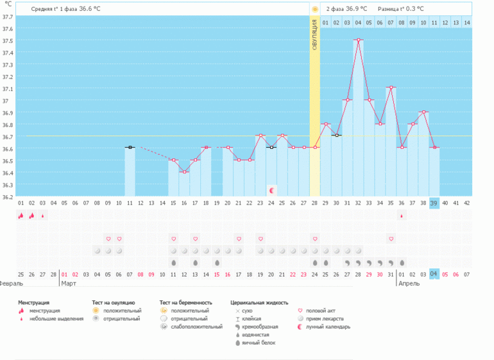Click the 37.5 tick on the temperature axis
[8, 40]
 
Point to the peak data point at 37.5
[358, 40]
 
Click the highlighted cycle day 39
[434, 203]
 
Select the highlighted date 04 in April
[434, 273]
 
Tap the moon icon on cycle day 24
[272, 191]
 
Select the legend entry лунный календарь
[327, 327]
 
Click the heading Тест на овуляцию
[114, 302]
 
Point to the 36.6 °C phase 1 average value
[90, 9]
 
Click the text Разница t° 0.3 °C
[400, 9]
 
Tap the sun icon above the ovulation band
[315, 9]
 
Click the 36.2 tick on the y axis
[8, 196]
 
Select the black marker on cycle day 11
[130, 148]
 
